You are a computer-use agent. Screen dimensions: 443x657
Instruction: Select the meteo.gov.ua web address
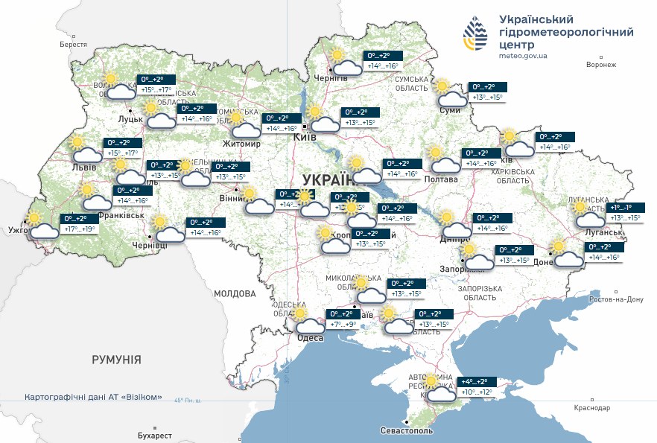tap(523, 55)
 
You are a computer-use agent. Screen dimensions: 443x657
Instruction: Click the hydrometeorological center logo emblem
tap(477, 34)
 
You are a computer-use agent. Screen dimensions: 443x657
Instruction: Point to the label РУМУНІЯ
tap(116, 360)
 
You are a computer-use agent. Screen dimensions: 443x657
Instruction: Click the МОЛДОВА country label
tap(235, 293)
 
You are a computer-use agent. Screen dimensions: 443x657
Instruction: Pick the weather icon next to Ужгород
tap(42, 225)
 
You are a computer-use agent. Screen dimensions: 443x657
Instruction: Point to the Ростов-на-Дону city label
tap(615, 299)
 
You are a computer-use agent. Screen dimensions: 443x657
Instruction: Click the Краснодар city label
tap(591, 408)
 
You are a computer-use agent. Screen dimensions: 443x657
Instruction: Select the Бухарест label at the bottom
tap(155, 435)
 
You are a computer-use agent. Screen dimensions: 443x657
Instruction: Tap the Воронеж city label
tap(601, 65)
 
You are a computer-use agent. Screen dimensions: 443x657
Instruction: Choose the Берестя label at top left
tap(74, 45)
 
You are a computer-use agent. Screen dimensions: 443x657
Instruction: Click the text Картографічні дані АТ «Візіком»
tap(93, 397)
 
